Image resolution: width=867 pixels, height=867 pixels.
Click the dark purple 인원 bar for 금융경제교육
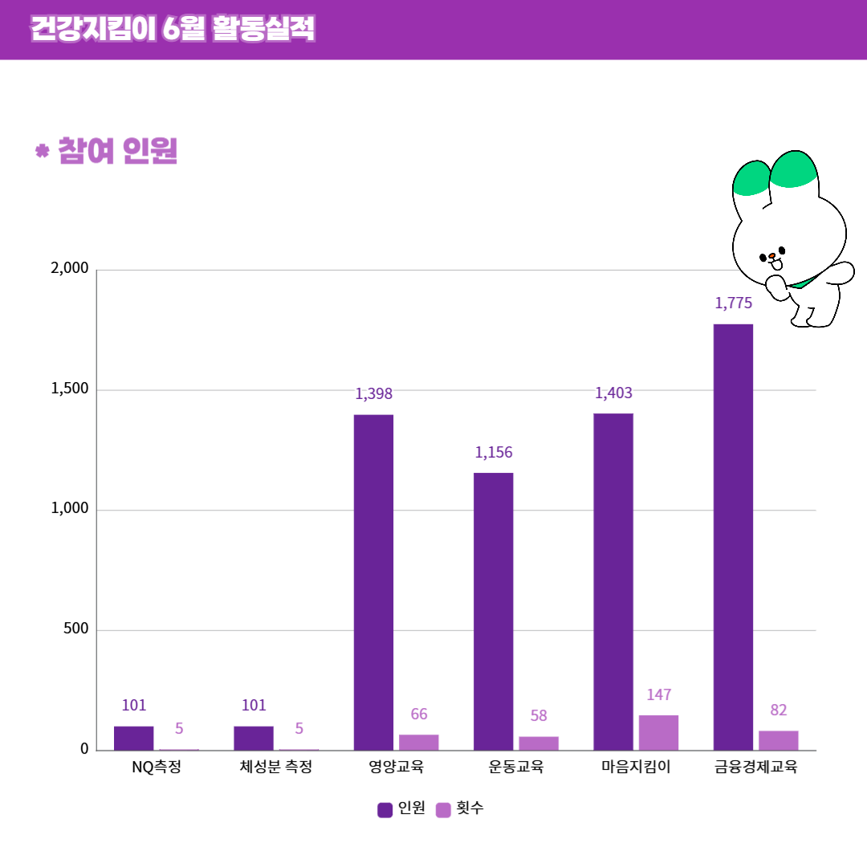pyautogui.click(x=733, y=537)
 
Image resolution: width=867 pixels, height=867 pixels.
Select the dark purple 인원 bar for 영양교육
pyautogui.click(x=373, y=582)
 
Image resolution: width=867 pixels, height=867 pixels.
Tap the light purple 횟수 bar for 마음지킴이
pyautogui.click(x=658, y=732)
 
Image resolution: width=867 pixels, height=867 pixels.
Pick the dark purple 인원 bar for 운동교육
pyautogui.click(x=493, y=611)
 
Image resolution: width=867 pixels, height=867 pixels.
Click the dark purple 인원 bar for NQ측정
pyautogui.click(x=133, y=738)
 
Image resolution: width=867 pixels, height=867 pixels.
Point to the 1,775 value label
pyautogui.click(x=733, y=303)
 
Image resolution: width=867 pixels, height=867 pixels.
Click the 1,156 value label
pyautogui.click(x=493, y=453)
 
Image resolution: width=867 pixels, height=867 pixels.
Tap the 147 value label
pyautogui.click(x=658, y=695)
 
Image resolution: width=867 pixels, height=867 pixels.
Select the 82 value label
pyautogui.click(x=778, y=710)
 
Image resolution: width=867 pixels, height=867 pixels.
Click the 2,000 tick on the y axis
pyautogui.click(x=69, y=269)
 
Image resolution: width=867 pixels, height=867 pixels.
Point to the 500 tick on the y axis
pyautogui.click(x=75, y=629)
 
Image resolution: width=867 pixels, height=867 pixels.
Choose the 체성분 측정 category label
pyautogui.click(x=275, y=767)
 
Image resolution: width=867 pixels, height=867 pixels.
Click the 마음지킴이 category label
pyautogui.click(x=636, y=767)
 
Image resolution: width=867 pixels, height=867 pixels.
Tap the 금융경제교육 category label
pyautogui.click(x=755, y=767)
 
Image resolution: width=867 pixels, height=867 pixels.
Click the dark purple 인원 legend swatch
pyautogui.click(x=385, y=810)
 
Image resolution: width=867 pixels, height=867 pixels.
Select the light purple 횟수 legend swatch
pyautogui.click(x=443, y=810)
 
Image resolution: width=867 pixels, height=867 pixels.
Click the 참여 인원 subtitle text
pyautogui.click(x=117, y=151)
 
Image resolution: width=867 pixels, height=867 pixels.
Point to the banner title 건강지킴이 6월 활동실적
pyautogui.click(x=173, y=29)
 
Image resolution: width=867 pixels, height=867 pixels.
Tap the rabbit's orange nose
pyautogui.click(x=771, y=257)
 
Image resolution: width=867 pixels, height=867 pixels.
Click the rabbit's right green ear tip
pyautogui.click(x=793, y=170)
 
